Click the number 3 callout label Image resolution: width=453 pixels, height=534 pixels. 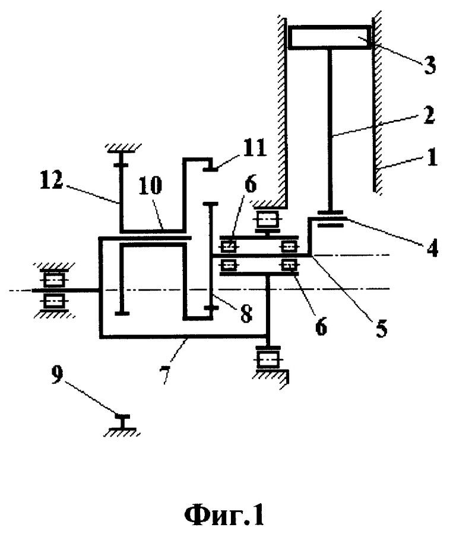(429, 65)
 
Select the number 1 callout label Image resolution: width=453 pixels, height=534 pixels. (432, 157)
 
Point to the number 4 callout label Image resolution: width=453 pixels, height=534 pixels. (432, 247)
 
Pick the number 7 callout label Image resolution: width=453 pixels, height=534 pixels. (165, 374)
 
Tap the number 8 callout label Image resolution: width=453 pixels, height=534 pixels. (246, 313)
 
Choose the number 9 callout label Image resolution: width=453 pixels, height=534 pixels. (57, 374)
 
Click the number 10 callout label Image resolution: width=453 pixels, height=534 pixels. (151, 186)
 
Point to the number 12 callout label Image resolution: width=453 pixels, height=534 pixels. (52, 180)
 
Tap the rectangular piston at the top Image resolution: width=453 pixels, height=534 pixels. (330, 37)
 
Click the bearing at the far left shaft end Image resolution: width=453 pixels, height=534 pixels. (54, 290)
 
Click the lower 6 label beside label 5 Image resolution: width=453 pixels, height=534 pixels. (321, 326)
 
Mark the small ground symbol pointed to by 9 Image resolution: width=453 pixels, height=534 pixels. (122, 425)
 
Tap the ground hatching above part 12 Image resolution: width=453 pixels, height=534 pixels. (123, 147)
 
